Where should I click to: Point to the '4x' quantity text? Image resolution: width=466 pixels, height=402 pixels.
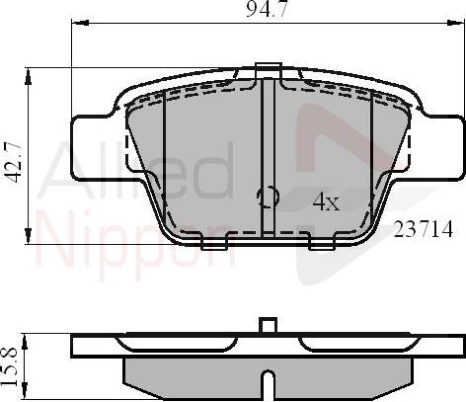[x=325, y=201]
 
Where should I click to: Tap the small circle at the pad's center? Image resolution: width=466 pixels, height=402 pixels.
[x=266, y=197]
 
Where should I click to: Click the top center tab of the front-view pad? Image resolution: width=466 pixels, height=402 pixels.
[x=266, y=70]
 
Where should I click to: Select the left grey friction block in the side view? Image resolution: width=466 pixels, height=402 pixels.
[x=193, y=372]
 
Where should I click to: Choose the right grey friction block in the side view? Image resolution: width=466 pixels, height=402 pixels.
[x=341, y=372]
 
